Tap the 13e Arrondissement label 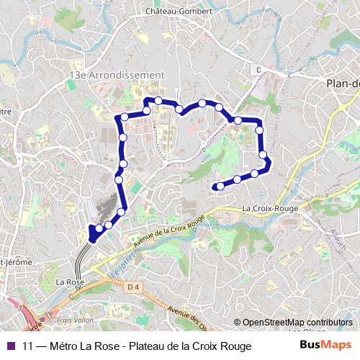click(x=117, y=74)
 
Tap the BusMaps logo click(x=325, y=346)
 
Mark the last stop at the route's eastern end click(x=218, y=187)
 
